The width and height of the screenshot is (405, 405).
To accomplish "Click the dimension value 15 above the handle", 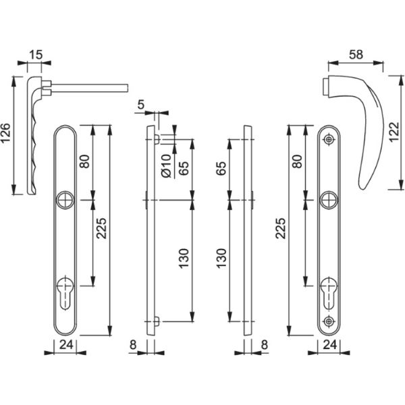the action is (35, 55).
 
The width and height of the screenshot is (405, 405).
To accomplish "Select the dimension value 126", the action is (5, 133).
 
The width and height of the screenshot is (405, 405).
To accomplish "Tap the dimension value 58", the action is (356, 55).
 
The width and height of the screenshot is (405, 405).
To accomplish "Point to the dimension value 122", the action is (394, 132).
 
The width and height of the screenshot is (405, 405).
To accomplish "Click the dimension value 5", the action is (141, 105).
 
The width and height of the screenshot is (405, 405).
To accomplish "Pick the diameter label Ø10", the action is (166, 166).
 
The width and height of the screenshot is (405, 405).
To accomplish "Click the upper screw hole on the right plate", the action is (329, 140).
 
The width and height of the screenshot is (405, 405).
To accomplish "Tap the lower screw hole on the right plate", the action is (329, 321).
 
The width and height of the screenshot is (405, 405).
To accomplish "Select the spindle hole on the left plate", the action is (65, 200).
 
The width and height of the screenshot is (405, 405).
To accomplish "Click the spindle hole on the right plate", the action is (329, 200).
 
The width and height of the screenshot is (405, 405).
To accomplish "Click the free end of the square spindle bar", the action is (128, 88).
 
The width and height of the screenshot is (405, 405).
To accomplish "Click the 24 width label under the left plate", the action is (66, 344).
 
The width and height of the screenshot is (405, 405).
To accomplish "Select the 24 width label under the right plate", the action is (330, 344).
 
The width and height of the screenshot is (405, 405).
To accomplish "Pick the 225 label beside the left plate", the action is (101, 228).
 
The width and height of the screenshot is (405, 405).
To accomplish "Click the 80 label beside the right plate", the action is (298, 161).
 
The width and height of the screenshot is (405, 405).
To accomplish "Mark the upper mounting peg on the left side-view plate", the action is (157, 139).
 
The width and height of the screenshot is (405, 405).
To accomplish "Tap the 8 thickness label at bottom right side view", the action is (265, 345).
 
